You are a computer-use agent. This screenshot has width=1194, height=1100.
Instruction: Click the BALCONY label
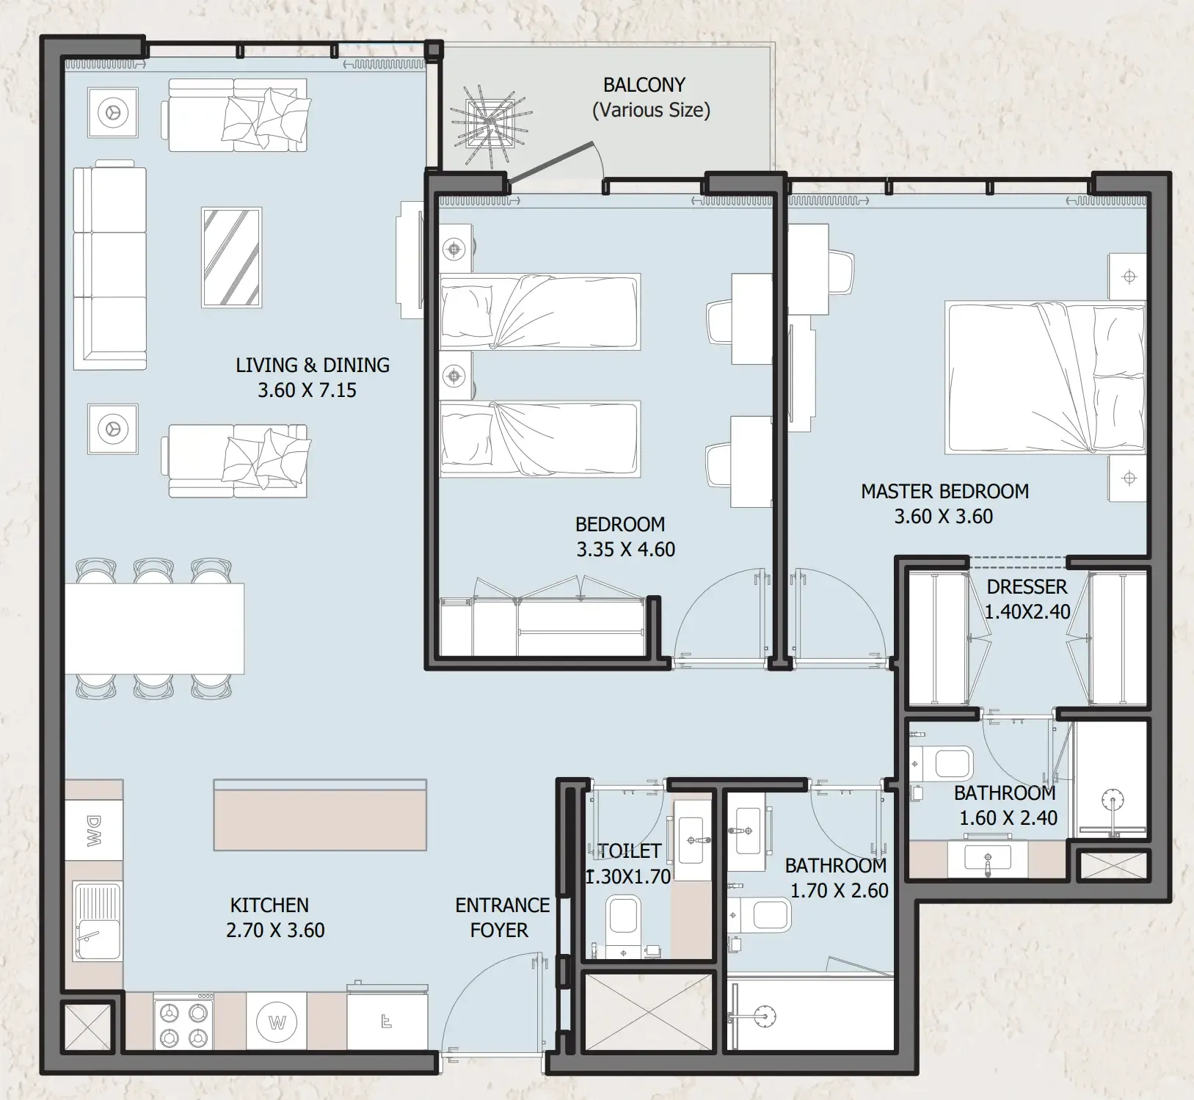pyautogui.click(x=644, y=85)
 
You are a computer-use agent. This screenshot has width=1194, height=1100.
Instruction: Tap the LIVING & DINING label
pyautogui.click(x=313, y=365)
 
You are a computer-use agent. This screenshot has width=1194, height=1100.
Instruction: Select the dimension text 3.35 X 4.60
pyautogui.click(x=625, y=550)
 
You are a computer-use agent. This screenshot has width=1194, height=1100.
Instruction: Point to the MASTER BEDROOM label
pyautogui.click(x=944, y=492)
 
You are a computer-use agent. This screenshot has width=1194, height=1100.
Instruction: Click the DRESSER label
pyautogui.click(x=1027, y=587)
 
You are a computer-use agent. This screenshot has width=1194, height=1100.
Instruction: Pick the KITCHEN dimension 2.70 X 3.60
pyautogui.click(x=275, y=930)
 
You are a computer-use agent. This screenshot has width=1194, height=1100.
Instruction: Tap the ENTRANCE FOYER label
pyautogui.click(x=502, y=917)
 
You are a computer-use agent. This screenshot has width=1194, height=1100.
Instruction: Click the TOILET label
pyautogui.click(x=630, y=851)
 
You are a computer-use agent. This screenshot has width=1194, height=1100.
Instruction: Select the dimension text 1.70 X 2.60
pyautogui.click(x=839, y=891)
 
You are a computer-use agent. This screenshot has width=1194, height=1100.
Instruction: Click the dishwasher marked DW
pyautogui.click(x=94, y=830)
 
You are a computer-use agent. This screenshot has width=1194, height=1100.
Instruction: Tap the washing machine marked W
pyautogui.click(x=277, y=1022)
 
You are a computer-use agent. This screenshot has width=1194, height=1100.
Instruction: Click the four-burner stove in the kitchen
pyautogui.click(x=183, y=1022)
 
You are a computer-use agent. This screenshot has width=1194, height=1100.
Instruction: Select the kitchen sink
pyautogui.click(x=98, y=922)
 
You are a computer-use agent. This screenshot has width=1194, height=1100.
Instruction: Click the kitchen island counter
pyautogui.click(x=320, y=815)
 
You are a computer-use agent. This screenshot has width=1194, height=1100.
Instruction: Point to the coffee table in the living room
pyautogui.click(x=232, y=258)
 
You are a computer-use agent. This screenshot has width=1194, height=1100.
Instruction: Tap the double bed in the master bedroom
pyautogui.click(x=1045, y=378)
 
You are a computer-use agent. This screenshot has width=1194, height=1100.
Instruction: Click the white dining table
pyautogui.click(x=154, y=628)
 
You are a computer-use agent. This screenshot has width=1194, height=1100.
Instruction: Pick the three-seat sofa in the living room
pyautogui.click(x=110, y=268)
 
